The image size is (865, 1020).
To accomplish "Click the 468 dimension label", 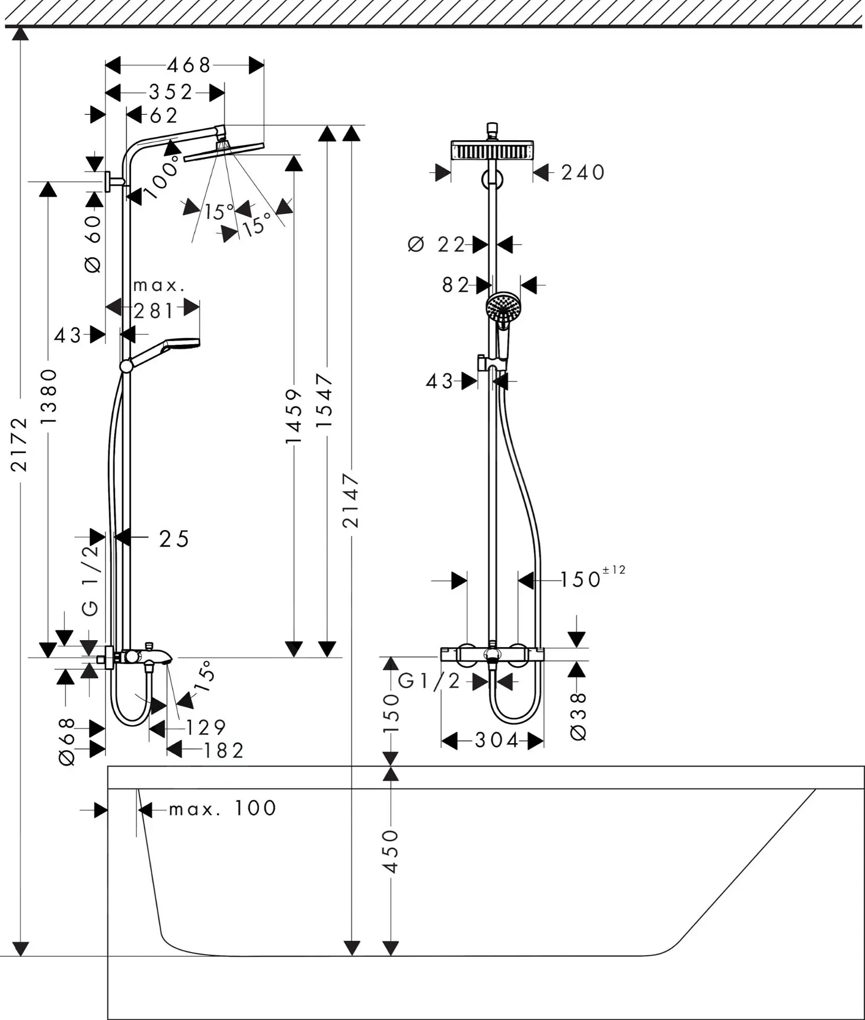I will tap(189, 65).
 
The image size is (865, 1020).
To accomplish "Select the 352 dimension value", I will tap(170, 92).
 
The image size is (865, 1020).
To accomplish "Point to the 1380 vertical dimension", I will tap(48, 396).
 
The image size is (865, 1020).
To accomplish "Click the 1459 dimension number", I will tap(294, 415).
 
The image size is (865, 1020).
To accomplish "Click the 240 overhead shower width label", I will tap(583, 173).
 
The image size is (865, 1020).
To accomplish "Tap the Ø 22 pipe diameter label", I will tap(436, 245).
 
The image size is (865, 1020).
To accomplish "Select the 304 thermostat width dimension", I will tap(496, 740).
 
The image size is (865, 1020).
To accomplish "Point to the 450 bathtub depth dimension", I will tap(390, 851).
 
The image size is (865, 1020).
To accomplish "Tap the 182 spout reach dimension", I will tap(224, 750).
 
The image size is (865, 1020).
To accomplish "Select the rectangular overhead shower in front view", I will tap(492, 151).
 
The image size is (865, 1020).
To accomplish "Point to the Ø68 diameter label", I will tap(67, 742).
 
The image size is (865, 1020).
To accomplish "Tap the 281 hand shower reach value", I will tap(153, 311).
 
